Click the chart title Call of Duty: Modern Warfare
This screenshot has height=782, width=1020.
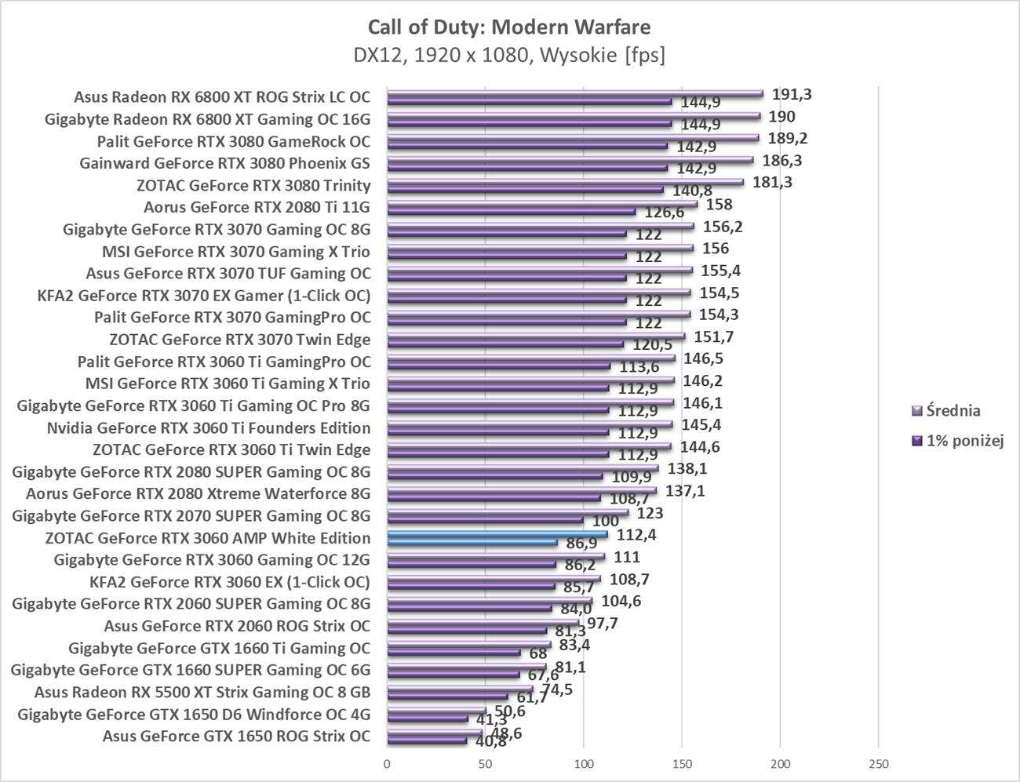pyautogui.click(x=508, y=27)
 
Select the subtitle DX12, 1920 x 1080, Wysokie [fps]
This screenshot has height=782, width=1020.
pyautogui.click(x=508, y=56)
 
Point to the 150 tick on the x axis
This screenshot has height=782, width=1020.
pyautogui.click(x=682, y=764)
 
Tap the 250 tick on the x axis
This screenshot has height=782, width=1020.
pyautogui.click(x=878, y=764)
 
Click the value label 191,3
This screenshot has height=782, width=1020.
pyautogui.click(x=792, y=94)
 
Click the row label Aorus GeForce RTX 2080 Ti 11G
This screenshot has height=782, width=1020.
pyautogui.click(x=257, y=208)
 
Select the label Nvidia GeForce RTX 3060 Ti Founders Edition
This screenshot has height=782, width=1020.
pyautogui.click(x=209, y=428)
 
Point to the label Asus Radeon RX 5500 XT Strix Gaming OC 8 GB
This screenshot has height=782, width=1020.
pyautogui.click(x=202, y=693)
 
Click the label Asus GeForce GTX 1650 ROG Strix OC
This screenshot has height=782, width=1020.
pyautogui.click(x=236, y=737)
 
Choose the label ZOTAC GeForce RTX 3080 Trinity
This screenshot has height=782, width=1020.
pyautogui.click(x=253, y=186)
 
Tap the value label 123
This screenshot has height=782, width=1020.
pyautogui.click(x=650, y=513)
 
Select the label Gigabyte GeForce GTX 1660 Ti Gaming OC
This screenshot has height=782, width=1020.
pyautogui.click(x=219, y=649)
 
